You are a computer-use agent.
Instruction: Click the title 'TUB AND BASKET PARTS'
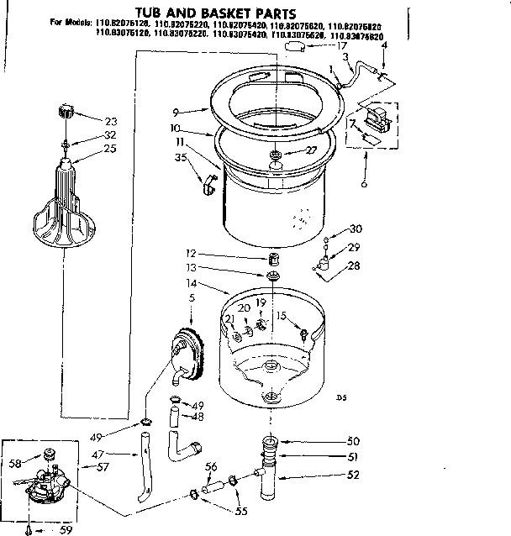tap(205, 13)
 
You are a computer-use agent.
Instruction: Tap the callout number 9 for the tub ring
tap(176, 110)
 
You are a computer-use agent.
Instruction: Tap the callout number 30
tap(356, 229)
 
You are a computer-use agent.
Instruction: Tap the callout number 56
tap(212, 467)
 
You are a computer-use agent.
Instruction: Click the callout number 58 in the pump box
tap(14, 463)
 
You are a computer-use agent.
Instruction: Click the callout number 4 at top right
tap(383, 46)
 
